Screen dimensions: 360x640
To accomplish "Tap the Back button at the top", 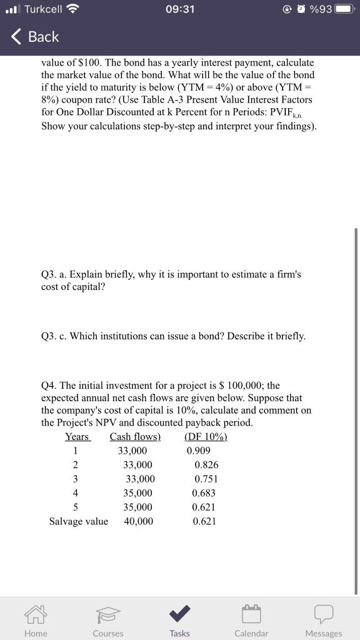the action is tap(36, 37).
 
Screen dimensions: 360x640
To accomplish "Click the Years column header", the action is tap(77, 436).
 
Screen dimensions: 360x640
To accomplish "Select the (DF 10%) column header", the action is tap(206, 436).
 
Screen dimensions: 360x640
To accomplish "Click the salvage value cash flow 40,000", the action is tap(138, 521).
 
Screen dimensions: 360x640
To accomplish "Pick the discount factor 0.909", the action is tap(199, 451).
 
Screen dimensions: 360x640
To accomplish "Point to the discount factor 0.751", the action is tap(206, 479).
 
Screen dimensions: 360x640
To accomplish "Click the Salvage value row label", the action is tap(78, 521).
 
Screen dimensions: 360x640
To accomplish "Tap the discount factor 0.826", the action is tap(206, 464).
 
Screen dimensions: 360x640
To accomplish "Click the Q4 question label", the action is tap(48, 386).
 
